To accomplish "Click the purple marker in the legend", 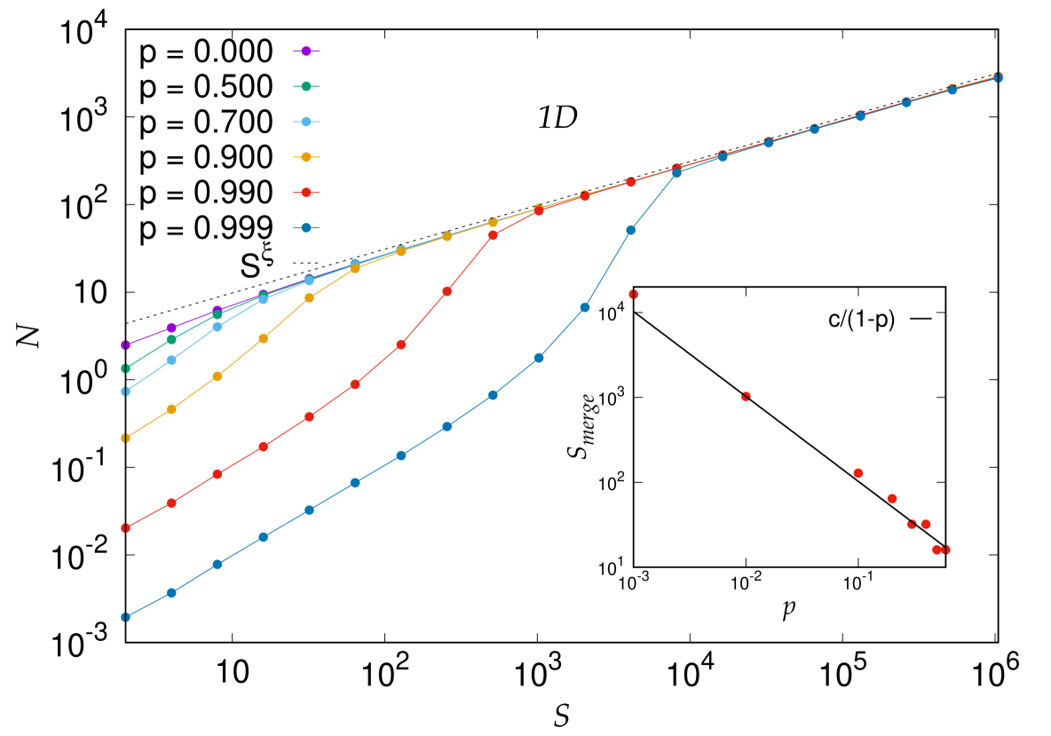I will point(306,51).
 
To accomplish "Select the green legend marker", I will point(306,86).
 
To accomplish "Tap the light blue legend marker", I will point(306,122).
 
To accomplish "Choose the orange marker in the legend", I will point(306,157).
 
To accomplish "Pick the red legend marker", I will point(306,193).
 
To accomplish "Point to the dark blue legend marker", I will point(306,228).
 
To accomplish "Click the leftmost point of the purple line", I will point(125,344).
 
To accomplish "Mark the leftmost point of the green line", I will point(125,368).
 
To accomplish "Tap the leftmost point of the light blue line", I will point(125,392).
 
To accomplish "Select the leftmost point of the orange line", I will point(125,438).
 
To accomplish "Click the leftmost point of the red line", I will point(125,527).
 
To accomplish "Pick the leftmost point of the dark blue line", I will point(125,617).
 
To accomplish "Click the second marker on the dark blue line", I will point(171,592).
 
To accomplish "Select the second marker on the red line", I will point(171,503).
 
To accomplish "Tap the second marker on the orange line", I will point(171,409).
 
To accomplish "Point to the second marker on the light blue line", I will point(171,360).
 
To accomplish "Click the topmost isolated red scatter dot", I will point(633,294).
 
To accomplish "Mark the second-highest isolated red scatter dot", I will point(746,396).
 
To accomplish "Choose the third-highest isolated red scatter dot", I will point(858,473).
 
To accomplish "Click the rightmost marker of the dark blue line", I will point(998,78).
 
